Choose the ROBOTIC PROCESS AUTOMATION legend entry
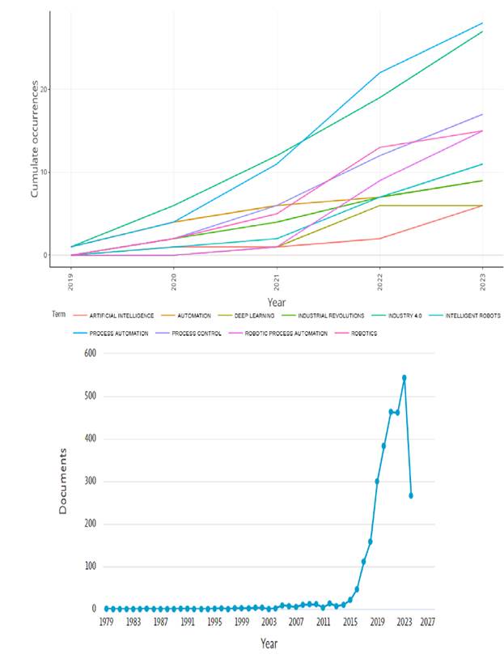(x=289, y=333)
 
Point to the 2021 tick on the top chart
(x=277, y=281)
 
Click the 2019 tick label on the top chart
(x=73, y=281)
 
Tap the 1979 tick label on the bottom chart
(x=106, y=622)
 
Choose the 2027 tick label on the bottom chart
(x=428, y=622)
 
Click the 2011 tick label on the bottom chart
(x=323, y=622)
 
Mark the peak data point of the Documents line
(x=404, y=377)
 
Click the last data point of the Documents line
(x=411, y=495)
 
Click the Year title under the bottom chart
(x=269, y=643)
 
